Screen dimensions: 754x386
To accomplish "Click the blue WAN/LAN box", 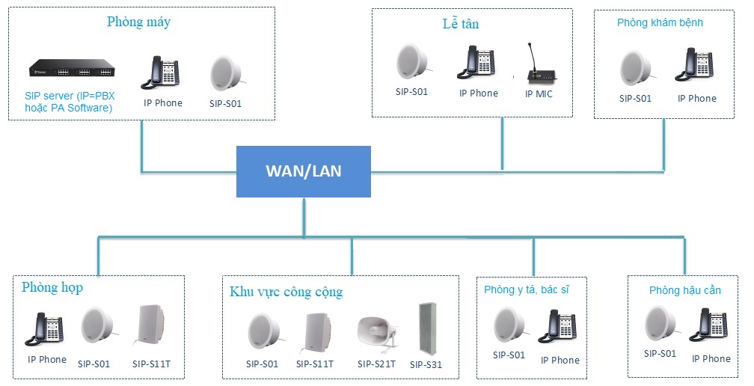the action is (x=304, y=171).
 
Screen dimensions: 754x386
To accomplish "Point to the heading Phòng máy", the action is (x=138, y=22).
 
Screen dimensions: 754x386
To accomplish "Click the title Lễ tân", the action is (x=461, y=23).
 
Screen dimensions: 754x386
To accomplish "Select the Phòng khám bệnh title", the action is (x=660, y=22).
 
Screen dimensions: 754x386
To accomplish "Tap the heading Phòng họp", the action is (x=52, y=287).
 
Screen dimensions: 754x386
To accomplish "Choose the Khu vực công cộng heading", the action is (x=286, y=292).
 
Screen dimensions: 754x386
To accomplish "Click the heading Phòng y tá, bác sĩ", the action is (x=527, y=289).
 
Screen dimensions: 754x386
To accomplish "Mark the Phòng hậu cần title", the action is (x=685, y=290).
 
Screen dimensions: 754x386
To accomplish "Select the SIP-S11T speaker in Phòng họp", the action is (x=150, y=325).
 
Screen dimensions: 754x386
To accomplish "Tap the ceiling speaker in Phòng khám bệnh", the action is (x=637, y=69).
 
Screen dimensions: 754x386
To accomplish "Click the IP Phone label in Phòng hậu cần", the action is (x=711, y=358).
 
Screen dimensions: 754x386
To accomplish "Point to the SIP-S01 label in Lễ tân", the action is (x=411, y=91).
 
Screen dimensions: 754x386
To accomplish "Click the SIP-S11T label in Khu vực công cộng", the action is (x=315, y=364).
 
